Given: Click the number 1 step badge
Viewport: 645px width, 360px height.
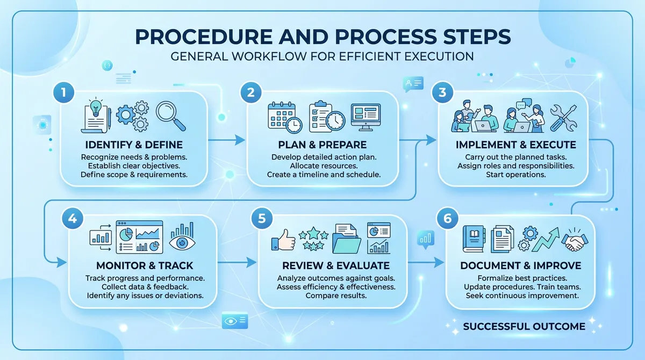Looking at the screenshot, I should (x=64, y=92).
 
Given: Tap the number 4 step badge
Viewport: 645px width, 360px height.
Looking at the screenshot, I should (x=72, y=219).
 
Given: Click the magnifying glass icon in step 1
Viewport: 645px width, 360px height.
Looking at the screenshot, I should (x=170, y=116).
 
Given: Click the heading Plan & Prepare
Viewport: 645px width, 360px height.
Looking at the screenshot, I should (x=322, y=145).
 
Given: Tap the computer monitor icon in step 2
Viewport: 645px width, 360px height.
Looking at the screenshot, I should (x=365, y=117).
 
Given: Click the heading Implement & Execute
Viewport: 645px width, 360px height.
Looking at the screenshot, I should (x=515, y=145).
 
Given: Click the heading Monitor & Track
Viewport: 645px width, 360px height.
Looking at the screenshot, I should (x=145, y=266).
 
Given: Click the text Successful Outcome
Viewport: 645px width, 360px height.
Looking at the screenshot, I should (x=524, y=326).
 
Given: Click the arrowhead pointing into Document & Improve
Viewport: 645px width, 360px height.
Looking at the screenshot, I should (x=440, y=262).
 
